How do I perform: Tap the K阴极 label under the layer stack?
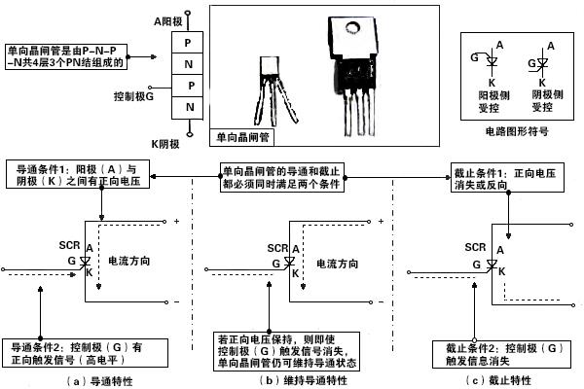(x=169, y=143)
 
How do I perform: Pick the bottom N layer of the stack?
(x=189, y=105)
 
